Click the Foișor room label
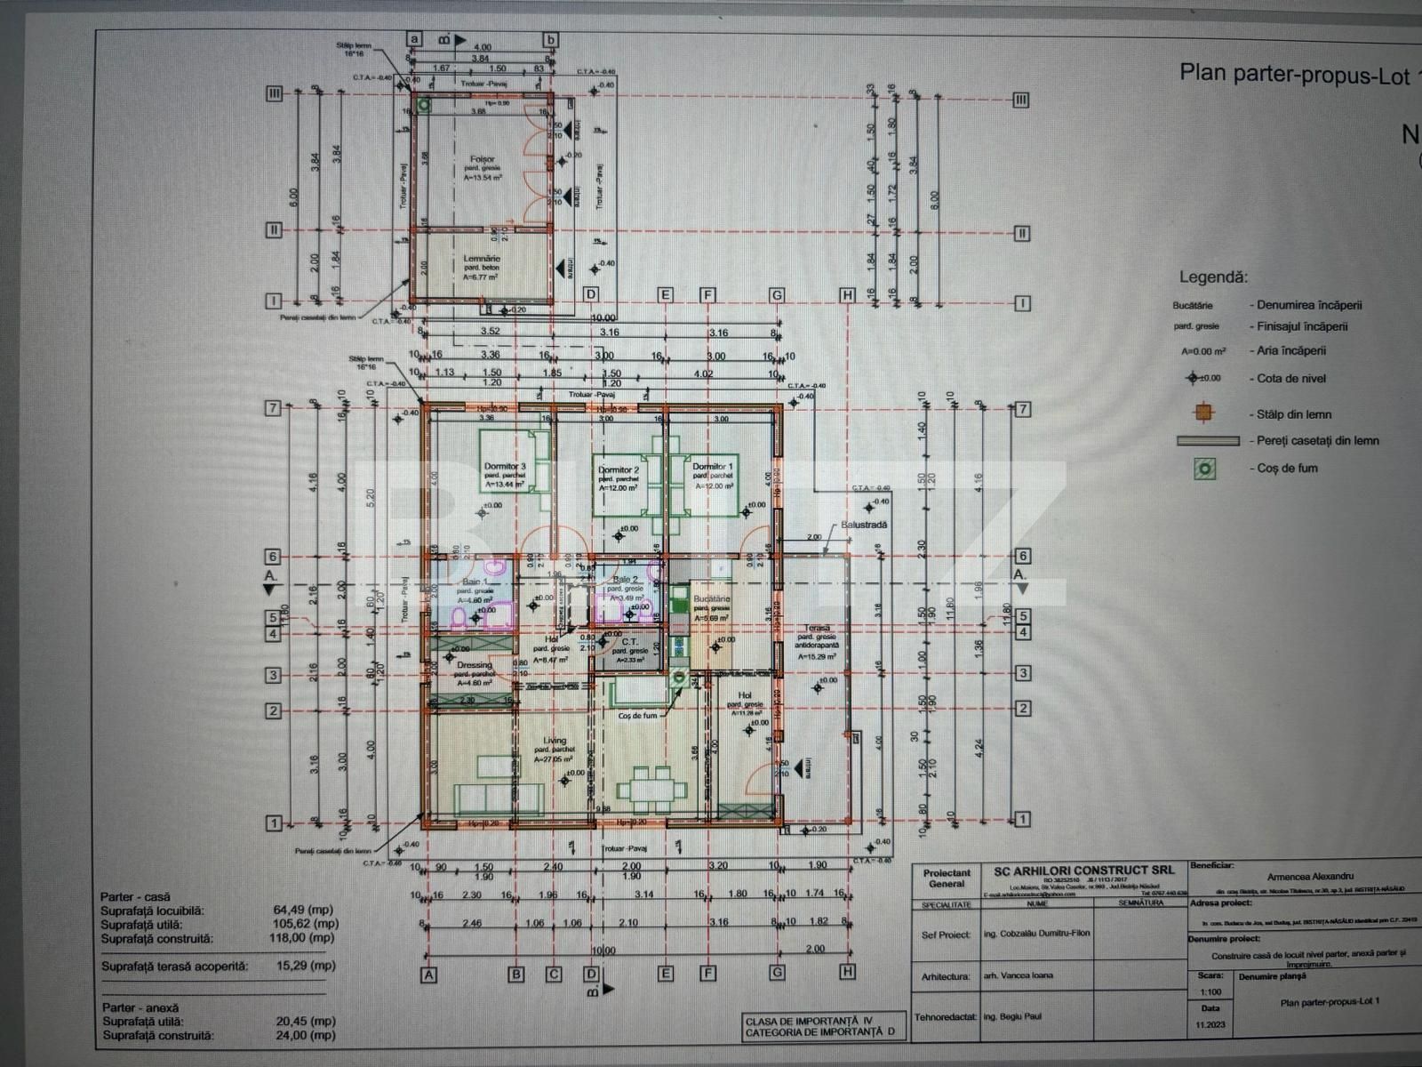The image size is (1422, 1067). (483, 159)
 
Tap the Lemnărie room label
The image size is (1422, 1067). (482, 259)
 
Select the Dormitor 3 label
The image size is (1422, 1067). (505, 466)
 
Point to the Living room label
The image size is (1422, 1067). (555, 740)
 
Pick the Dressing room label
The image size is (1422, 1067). (474, 664)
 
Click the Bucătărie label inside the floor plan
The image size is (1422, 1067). (711, 599)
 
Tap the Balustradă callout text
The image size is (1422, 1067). (864, 525)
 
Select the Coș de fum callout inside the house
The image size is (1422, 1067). (638, 715)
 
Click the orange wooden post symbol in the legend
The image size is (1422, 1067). (1204, 413)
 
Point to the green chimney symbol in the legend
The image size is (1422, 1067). (1205, 468)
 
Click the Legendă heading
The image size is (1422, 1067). (1213, 277)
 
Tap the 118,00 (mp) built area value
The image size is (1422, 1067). (304, 937)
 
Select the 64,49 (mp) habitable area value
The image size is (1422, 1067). (304, 910)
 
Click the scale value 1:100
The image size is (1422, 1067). (1210, 991)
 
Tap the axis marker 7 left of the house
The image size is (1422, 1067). (274, 408)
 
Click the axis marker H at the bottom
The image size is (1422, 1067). (846, 973)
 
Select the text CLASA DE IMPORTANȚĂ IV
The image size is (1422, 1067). (809, 1021)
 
